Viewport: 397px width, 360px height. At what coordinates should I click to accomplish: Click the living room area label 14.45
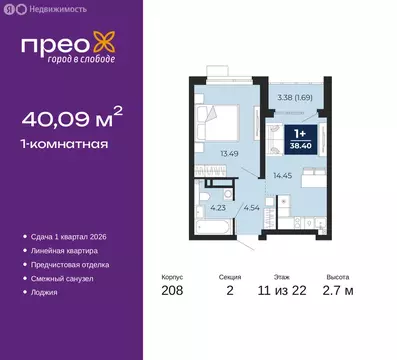click(282, 176)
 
